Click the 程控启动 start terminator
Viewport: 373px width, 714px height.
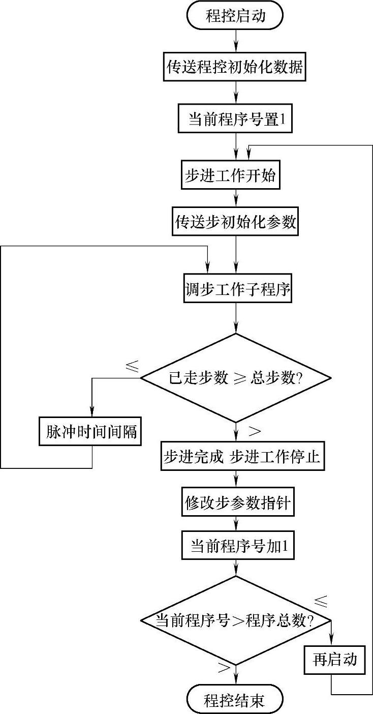point(235,16)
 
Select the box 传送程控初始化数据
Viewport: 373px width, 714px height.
point(235,67)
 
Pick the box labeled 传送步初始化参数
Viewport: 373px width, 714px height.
point(235,222)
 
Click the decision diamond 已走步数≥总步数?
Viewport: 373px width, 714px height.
point(235,378)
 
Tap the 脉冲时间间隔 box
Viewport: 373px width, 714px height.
point(91,431)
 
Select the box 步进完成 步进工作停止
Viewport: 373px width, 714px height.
point(241,457)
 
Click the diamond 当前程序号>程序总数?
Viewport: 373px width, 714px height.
point(235,620)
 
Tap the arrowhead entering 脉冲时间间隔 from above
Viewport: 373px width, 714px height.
point(91,412)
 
